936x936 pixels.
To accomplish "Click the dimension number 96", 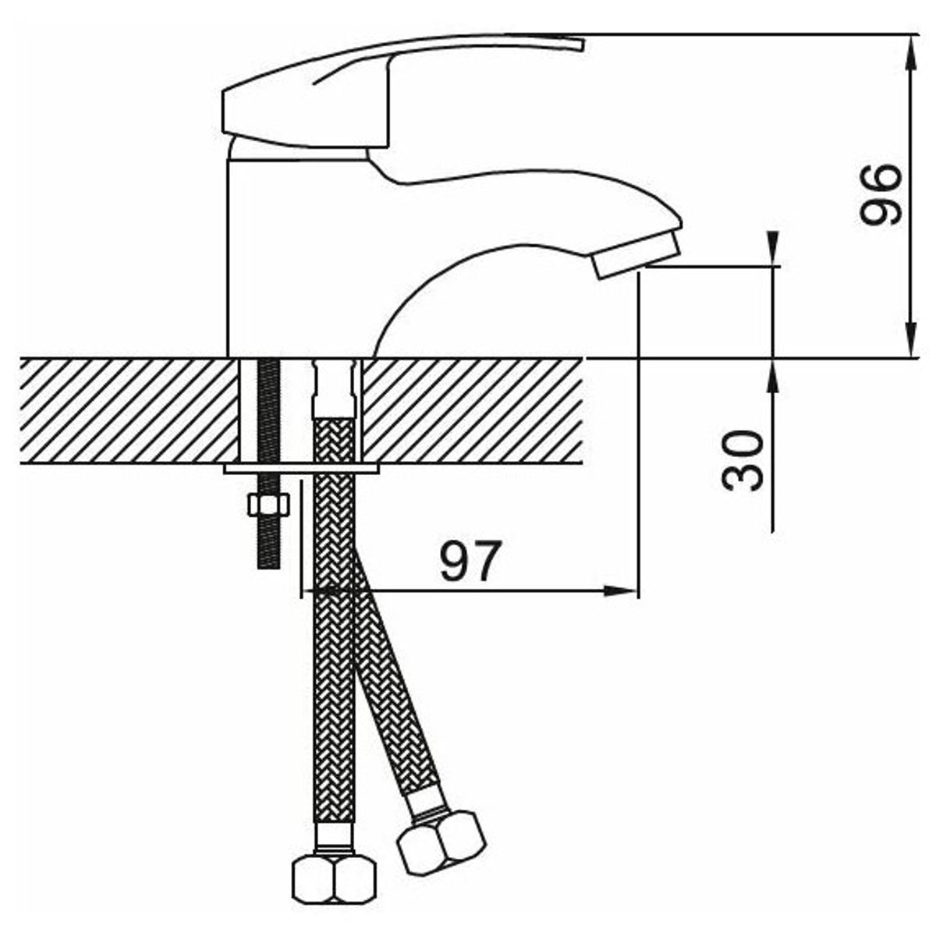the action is tap(879, 194).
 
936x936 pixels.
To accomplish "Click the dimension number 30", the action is tap(742, 460).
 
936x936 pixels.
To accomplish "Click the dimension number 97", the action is tap(470, 561).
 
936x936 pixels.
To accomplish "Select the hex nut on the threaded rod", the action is tap(268, 505).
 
